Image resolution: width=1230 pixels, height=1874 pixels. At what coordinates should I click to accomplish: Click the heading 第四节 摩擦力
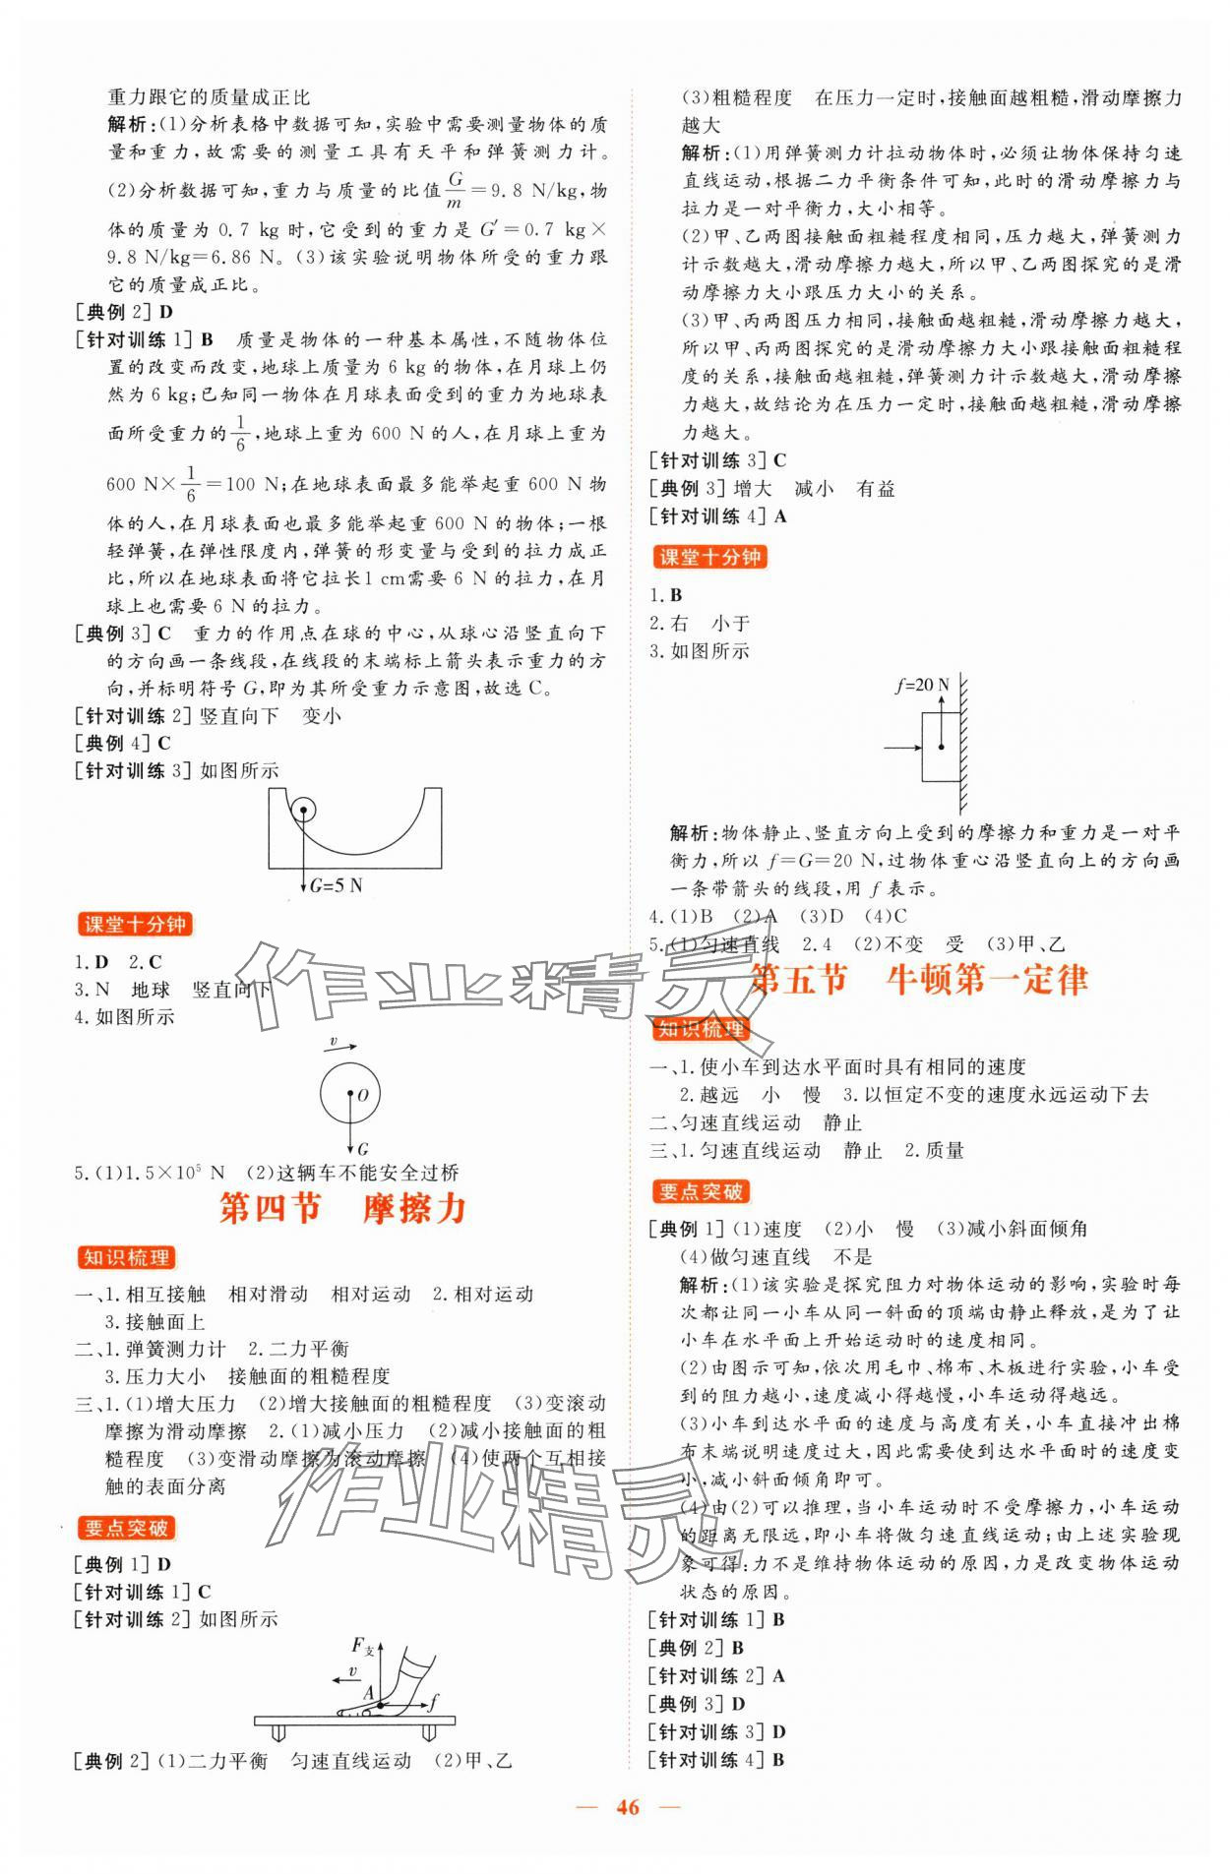point(342,1209)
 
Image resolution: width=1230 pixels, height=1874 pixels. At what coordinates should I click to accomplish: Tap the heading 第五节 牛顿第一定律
point(918,980)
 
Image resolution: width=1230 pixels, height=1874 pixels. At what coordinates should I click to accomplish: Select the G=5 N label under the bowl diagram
point(336,885)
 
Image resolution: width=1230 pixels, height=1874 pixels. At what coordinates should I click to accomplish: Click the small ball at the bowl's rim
point(304,812)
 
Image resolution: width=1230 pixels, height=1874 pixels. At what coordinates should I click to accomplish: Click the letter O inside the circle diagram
point(362,1095)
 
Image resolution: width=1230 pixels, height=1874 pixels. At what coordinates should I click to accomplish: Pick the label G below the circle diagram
point(362,1148)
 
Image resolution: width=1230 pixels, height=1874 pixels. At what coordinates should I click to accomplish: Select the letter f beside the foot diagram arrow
point(434,1699)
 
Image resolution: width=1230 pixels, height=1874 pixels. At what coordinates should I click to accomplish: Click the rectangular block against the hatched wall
point(940,747)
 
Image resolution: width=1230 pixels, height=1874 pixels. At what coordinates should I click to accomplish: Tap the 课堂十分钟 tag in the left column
point(135,925)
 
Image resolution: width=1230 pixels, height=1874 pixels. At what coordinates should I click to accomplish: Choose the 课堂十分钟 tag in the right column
point(708,558)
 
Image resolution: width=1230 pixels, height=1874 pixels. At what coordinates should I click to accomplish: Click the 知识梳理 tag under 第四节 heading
point(127,1258)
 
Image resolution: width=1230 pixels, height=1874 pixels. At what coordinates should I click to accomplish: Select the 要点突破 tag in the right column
point(702,1192)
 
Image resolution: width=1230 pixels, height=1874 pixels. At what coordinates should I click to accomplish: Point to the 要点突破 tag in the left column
point(127,1528)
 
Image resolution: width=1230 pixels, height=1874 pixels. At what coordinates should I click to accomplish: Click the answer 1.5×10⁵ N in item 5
point(171,1173)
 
